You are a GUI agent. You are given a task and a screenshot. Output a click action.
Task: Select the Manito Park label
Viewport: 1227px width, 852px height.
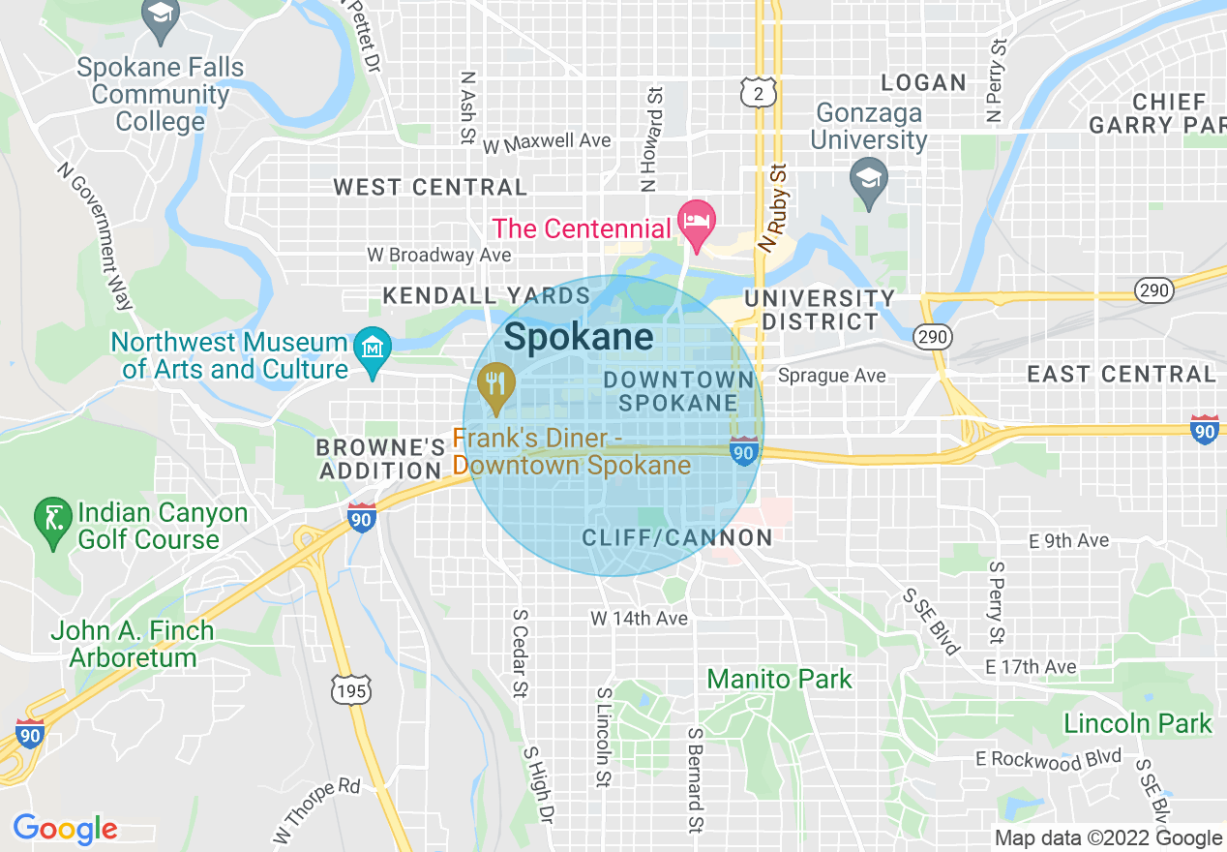click(780, 679)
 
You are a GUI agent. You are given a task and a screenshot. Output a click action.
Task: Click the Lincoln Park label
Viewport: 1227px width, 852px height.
click(1137, 723)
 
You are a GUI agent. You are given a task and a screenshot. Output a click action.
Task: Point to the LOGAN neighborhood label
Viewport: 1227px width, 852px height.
click(924, 83)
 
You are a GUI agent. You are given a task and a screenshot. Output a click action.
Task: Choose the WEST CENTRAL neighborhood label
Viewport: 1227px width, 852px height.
click(431, 187)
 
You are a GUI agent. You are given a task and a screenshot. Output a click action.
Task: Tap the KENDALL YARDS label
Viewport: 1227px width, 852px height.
click(487, 295)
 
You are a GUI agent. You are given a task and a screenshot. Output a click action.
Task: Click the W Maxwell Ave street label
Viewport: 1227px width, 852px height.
click(547, 142)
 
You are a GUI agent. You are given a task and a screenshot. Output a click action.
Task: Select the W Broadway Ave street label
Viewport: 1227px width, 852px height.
click(438, 255)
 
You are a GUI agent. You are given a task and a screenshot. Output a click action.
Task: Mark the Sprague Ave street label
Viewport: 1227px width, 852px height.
click(831, 376)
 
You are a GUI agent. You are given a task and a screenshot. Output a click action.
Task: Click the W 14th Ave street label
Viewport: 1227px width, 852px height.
click(639, 618)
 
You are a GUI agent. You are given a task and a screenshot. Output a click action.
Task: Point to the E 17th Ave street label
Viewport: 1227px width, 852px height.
click(1031, 667)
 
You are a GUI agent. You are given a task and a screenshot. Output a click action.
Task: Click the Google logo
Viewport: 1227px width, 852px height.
click(65, 829)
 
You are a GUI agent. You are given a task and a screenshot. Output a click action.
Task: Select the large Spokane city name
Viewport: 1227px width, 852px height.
click(579, 337)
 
